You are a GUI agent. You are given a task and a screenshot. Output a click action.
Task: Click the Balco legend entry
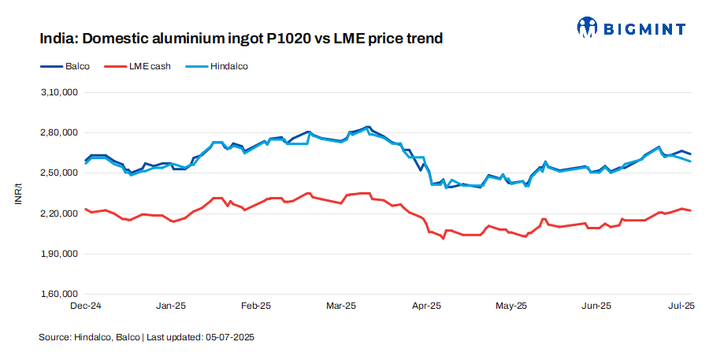(76, 66)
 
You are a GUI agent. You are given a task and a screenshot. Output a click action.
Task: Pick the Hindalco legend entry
(228, 66)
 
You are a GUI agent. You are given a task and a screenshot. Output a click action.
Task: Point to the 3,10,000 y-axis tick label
(59, 92)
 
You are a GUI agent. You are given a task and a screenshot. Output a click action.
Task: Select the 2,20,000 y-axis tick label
(59, 213)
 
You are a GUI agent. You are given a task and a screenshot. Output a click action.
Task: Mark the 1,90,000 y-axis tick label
(59, 254)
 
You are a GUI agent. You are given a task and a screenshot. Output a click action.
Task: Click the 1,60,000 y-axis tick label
(59, 294)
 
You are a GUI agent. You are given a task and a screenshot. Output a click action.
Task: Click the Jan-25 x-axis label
(170, 305)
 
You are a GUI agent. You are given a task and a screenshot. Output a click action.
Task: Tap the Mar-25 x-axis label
(340, 305)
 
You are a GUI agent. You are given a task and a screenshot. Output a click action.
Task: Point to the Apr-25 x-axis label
(426, 305)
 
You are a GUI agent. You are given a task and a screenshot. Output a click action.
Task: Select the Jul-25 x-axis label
(681, 305)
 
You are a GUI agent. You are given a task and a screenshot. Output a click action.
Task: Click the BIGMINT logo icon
(588, 28)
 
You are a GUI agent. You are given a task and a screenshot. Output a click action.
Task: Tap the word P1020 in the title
(279, 38)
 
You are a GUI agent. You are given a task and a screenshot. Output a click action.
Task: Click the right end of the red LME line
(691, 210)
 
